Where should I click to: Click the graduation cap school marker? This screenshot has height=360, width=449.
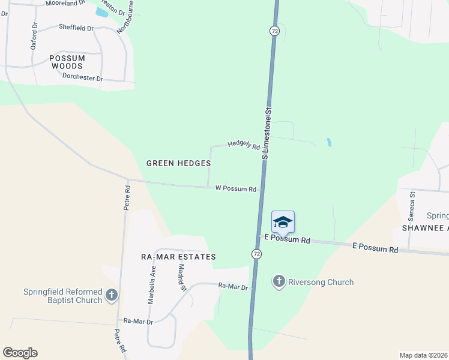coord(283,223)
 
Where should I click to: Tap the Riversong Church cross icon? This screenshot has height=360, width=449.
coord(279,281)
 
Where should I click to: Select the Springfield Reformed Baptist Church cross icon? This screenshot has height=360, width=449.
coord(112,295)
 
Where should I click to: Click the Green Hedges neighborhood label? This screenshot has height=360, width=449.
coord(179,163)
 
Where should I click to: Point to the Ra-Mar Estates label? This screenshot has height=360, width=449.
coord(178,257)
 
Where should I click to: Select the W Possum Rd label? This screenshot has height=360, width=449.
coord(236,188)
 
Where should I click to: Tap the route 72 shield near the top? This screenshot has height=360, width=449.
coord(274,30)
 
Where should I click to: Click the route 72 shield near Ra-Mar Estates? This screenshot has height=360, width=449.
coord(256,254)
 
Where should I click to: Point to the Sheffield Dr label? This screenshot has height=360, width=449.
coord(76,28)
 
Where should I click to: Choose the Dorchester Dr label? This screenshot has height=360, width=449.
coord(83,78)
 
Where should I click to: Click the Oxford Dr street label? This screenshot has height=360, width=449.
coord(34,36)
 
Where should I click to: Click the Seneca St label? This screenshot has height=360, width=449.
coord(412,203)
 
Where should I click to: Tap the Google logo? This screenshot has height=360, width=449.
coord(20,353)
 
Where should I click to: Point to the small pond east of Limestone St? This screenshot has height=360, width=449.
coord(328,143)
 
